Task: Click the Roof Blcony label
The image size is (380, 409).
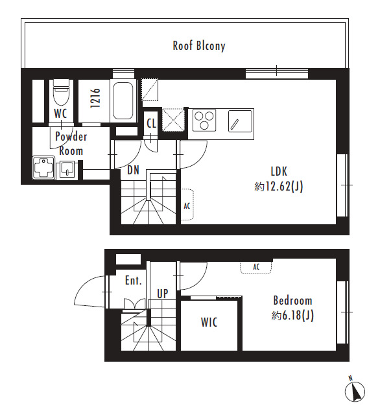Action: (199, 46)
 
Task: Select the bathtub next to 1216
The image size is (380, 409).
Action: (123, 100)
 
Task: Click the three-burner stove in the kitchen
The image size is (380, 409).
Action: (204, 121)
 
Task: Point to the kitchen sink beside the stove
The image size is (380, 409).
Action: (241, 121)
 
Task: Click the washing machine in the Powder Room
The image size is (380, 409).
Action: (43, 167)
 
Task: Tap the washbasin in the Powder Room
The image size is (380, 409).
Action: (67, 170)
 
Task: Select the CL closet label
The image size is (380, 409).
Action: (151, 123)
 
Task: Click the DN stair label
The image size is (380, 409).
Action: (133, 170)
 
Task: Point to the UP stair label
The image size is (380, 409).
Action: (163, 294)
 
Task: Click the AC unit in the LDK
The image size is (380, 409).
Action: (187, 205)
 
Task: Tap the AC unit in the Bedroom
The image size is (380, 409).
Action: (256, 267)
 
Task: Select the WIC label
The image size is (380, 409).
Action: (209, 322)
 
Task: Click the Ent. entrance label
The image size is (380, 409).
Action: (134, 281)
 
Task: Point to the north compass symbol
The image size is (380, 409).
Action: (355, 391)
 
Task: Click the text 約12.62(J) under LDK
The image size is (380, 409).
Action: (279, 187)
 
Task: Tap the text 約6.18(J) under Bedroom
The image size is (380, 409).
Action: (292, 316)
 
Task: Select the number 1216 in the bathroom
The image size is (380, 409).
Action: (95, 98)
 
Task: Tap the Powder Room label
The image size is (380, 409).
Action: (71, 144)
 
